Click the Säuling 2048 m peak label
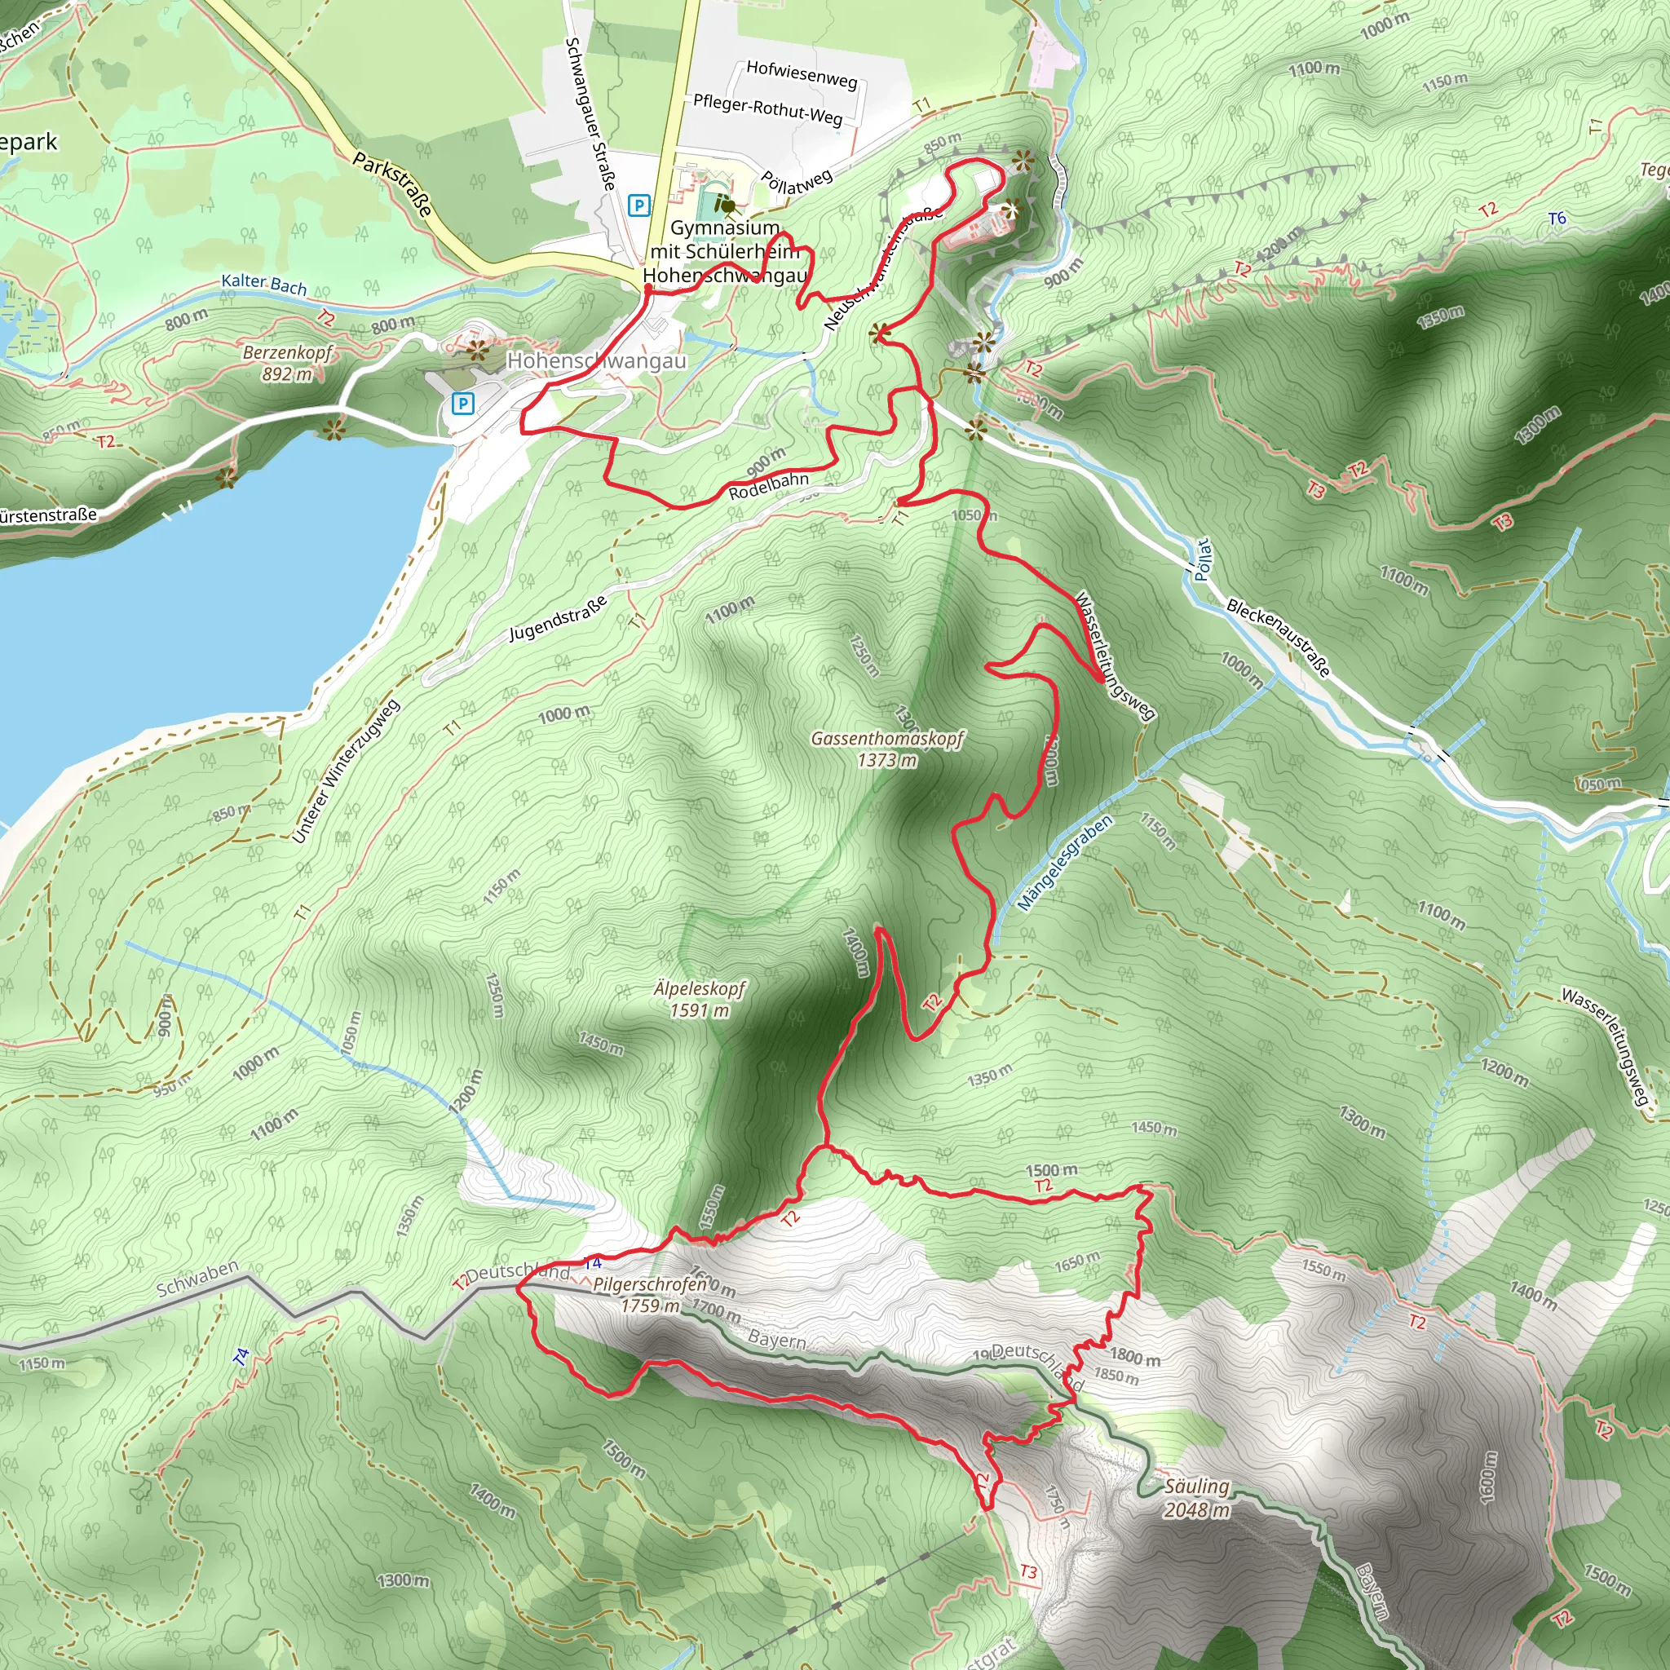click(1195, 1498)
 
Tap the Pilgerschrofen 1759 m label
click(650, 1295)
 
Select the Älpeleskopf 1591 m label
click(700, 999)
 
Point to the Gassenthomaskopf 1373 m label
click(887, 749)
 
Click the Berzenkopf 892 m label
click(287, 363)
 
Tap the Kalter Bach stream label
click(263, 285)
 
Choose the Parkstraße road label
click(392, 184)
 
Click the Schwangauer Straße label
click(590, 113)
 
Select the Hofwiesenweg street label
click(802, 74)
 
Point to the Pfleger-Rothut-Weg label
click(767, 110)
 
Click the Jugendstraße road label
click(557, 619)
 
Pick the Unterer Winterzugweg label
click(346, 771)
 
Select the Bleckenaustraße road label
click(1279, 638)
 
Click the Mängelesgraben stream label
click(1064, 864)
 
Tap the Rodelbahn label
click(768, 486)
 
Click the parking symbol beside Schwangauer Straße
click(638, 205)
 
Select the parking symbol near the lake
click(463, 404)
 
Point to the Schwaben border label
click(197, 1279)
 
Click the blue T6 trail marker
click(1557, 219)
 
